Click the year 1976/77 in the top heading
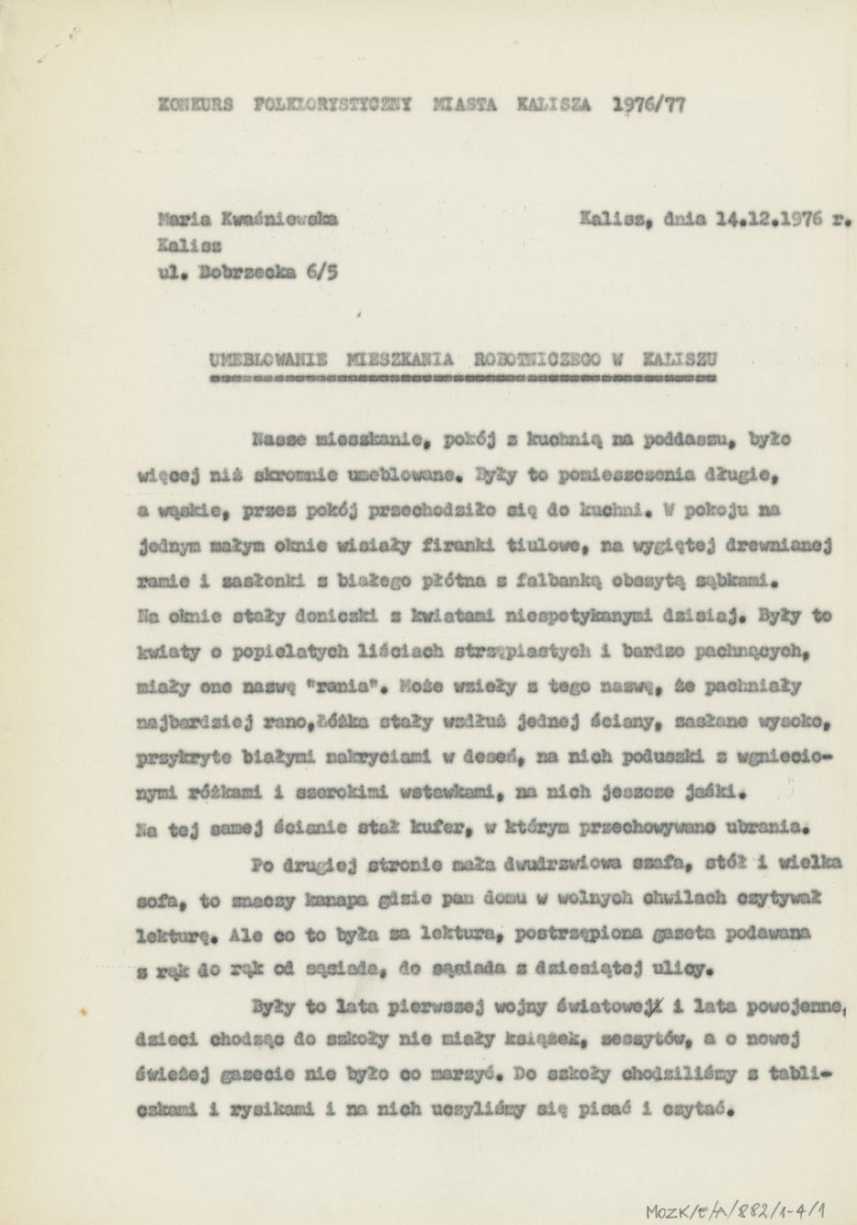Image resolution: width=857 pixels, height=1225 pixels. click(x=648, y=105)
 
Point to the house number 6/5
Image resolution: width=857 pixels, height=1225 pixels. click(x=317, y=273)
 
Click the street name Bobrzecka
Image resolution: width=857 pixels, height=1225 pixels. click(x=242, y=273)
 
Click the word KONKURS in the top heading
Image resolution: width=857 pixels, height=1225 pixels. click(x=197, y=106)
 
